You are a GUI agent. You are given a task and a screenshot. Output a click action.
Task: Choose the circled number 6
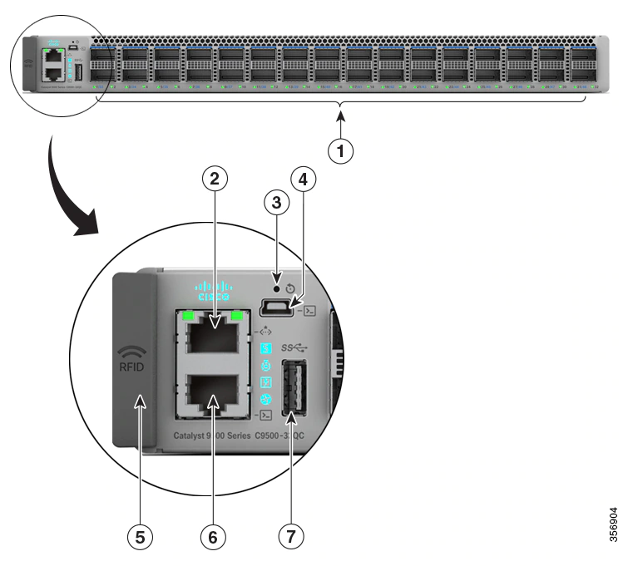[213, 536]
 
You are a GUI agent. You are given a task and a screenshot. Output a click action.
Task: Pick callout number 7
[290, 536]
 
